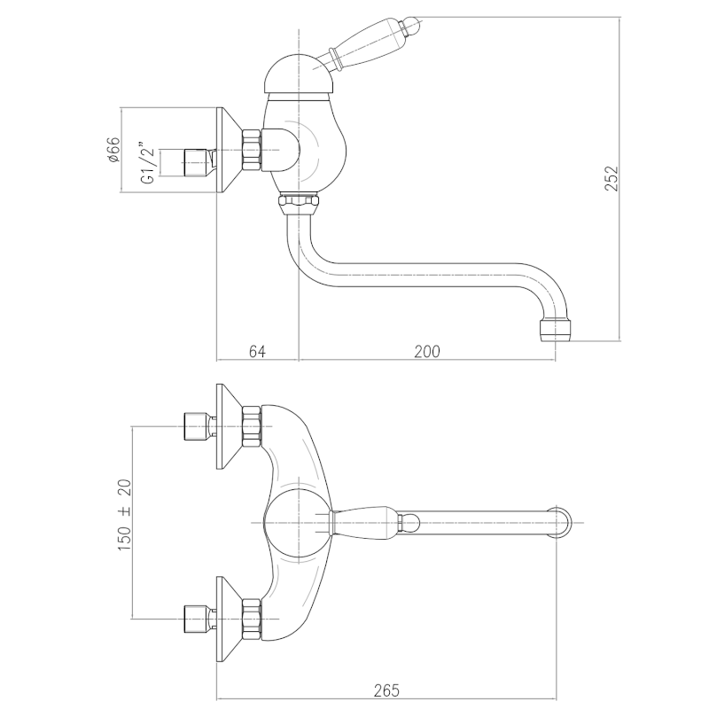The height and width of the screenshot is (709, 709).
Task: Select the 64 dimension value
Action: click(x=257, y=351)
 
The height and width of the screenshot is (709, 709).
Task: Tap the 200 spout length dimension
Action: click(x=427, y=351)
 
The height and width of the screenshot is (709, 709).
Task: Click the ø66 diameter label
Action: click(x=113, y=152)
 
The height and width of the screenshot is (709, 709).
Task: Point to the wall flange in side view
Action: click(x=229, y=152)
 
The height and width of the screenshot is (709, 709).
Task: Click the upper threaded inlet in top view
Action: click(x=196, y=426)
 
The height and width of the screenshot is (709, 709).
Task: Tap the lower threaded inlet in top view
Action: click(x=196, y=617)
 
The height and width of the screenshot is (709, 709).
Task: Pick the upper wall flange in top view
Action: click(x=229, y=426)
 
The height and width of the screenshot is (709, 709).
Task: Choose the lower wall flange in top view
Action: click(x=229, y=617)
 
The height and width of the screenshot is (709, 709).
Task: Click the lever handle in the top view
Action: click(x=365, y=523)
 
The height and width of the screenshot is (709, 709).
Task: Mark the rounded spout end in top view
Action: click(x=565, y=523)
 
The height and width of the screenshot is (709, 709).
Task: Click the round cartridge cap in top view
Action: click(x=297, y=523)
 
